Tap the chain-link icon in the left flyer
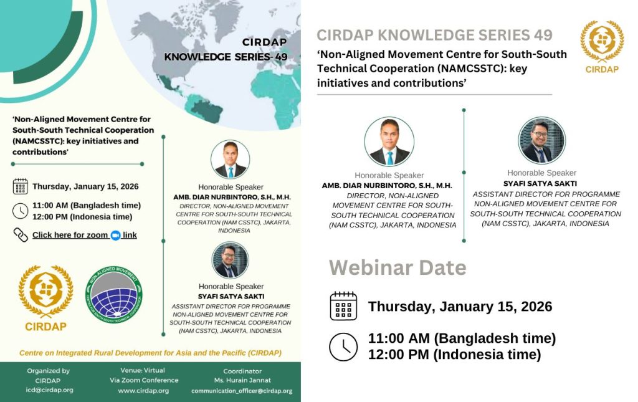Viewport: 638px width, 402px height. pos(21,235)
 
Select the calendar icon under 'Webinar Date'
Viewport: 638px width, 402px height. pos(343,306)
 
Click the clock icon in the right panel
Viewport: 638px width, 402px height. pos(343,347)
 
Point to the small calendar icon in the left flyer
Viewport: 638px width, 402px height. pos(21,186)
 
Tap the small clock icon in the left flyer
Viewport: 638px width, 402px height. pos(21,211)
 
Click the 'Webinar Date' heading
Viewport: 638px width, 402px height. pos(398,267)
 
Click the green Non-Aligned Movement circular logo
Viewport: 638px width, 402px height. pos(113,294)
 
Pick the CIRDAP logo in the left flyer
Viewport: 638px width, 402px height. pos(45,297)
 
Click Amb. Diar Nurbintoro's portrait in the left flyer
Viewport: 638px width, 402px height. pos(230,160)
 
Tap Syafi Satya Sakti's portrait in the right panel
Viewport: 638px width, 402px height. pos(541,141)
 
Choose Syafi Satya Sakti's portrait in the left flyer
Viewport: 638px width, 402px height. pos(230,261)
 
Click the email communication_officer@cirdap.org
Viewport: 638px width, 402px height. pos(242,391)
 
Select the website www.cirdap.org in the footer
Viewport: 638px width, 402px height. pos(143,391)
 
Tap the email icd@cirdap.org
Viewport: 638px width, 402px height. pos(49,390)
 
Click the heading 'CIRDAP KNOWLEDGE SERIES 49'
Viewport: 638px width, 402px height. pos(434,35)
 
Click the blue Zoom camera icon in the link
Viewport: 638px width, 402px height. pos(115,235)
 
